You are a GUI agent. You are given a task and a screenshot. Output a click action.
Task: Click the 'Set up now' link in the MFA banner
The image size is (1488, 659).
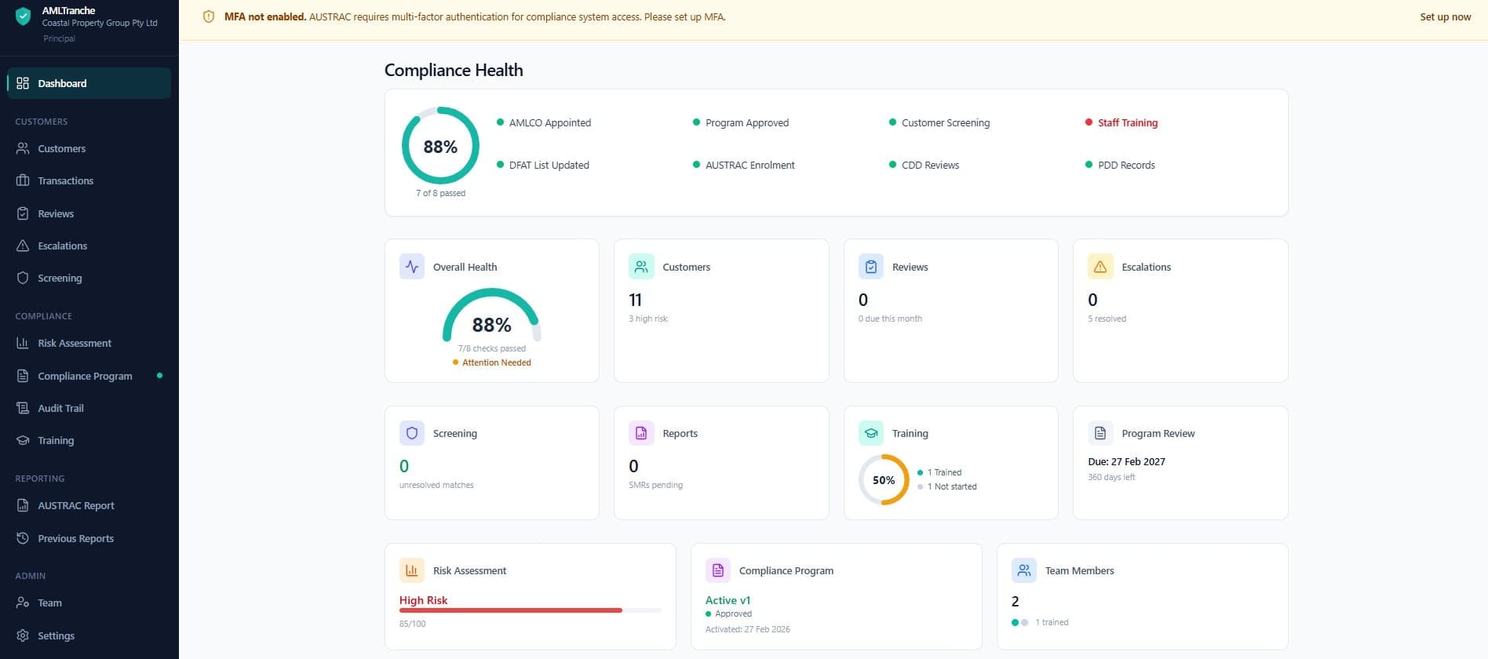[x=1445, y=17]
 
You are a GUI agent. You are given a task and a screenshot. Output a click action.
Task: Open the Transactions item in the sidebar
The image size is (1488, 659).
[x=65, y=181]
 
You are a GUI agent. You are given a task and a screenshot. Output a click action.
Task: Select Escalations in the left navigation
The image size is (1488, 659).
[x=62, y=246]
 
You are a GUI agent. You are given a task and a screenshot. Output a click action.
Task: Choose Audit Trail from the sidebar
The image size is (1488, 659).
[x=60, y=409]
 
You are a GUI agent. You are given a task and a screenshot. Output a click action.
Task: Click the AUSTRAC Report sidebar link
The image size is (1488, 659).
[x=75, y=506]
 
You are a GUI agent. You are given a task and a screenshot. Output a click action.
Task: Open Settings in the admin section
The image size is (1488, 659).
[x=56, y=636]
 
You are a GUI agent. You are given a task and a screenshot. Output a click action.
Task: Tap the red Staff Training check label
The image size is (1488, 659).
[x=1127, y=123]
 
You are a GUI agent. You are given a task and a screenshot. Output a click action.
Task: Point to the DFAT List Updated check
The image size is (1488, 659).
[x=549, y=166]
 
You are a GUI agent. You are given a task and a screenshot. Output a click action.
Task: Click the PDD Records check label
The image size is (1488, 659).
[x=1125, y=166]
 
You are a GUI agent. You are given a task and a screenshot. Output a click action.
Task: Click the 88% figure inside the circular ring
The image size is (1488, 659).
[x=440, y=147]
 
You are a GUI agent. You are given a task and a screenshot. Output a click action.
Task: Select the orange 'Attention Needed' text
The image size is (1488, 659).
[x=496, y=363]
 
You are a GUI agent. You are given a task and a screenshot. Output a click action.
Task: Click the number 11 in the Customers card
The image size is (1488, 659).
[x=636, y=300]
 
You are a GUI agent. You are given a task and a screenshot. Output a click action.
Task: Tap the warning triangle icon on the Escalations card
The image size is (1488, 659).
[x=1100, y=268]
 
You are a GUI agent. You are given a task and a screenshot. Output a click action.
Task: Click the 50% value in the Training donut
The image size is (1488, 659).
[x=884, y=480]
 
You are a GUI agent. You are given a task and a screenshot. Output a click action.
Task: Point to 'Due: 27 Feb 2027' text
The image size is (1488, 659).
[x=1126, y=462]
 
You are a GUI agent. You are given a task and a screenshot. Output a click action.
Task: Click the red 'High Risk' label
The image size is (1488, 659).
[x=423, y=601]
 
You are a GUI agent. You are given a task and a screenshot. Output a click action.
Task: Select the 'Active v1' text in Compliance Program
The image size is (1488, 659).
[x=728, y=601]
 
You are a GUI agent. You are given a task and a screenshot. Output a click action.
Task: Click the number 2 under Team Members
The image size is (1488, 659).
[x=1015, y=602]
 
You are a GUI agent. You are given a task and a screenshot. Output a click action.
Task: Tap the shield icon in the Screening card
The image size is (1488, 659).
[x=412, y=434]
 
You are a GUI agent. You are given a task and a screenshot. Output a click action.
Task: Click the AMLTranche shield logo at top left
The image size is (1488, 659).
[x=24, y=16]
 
